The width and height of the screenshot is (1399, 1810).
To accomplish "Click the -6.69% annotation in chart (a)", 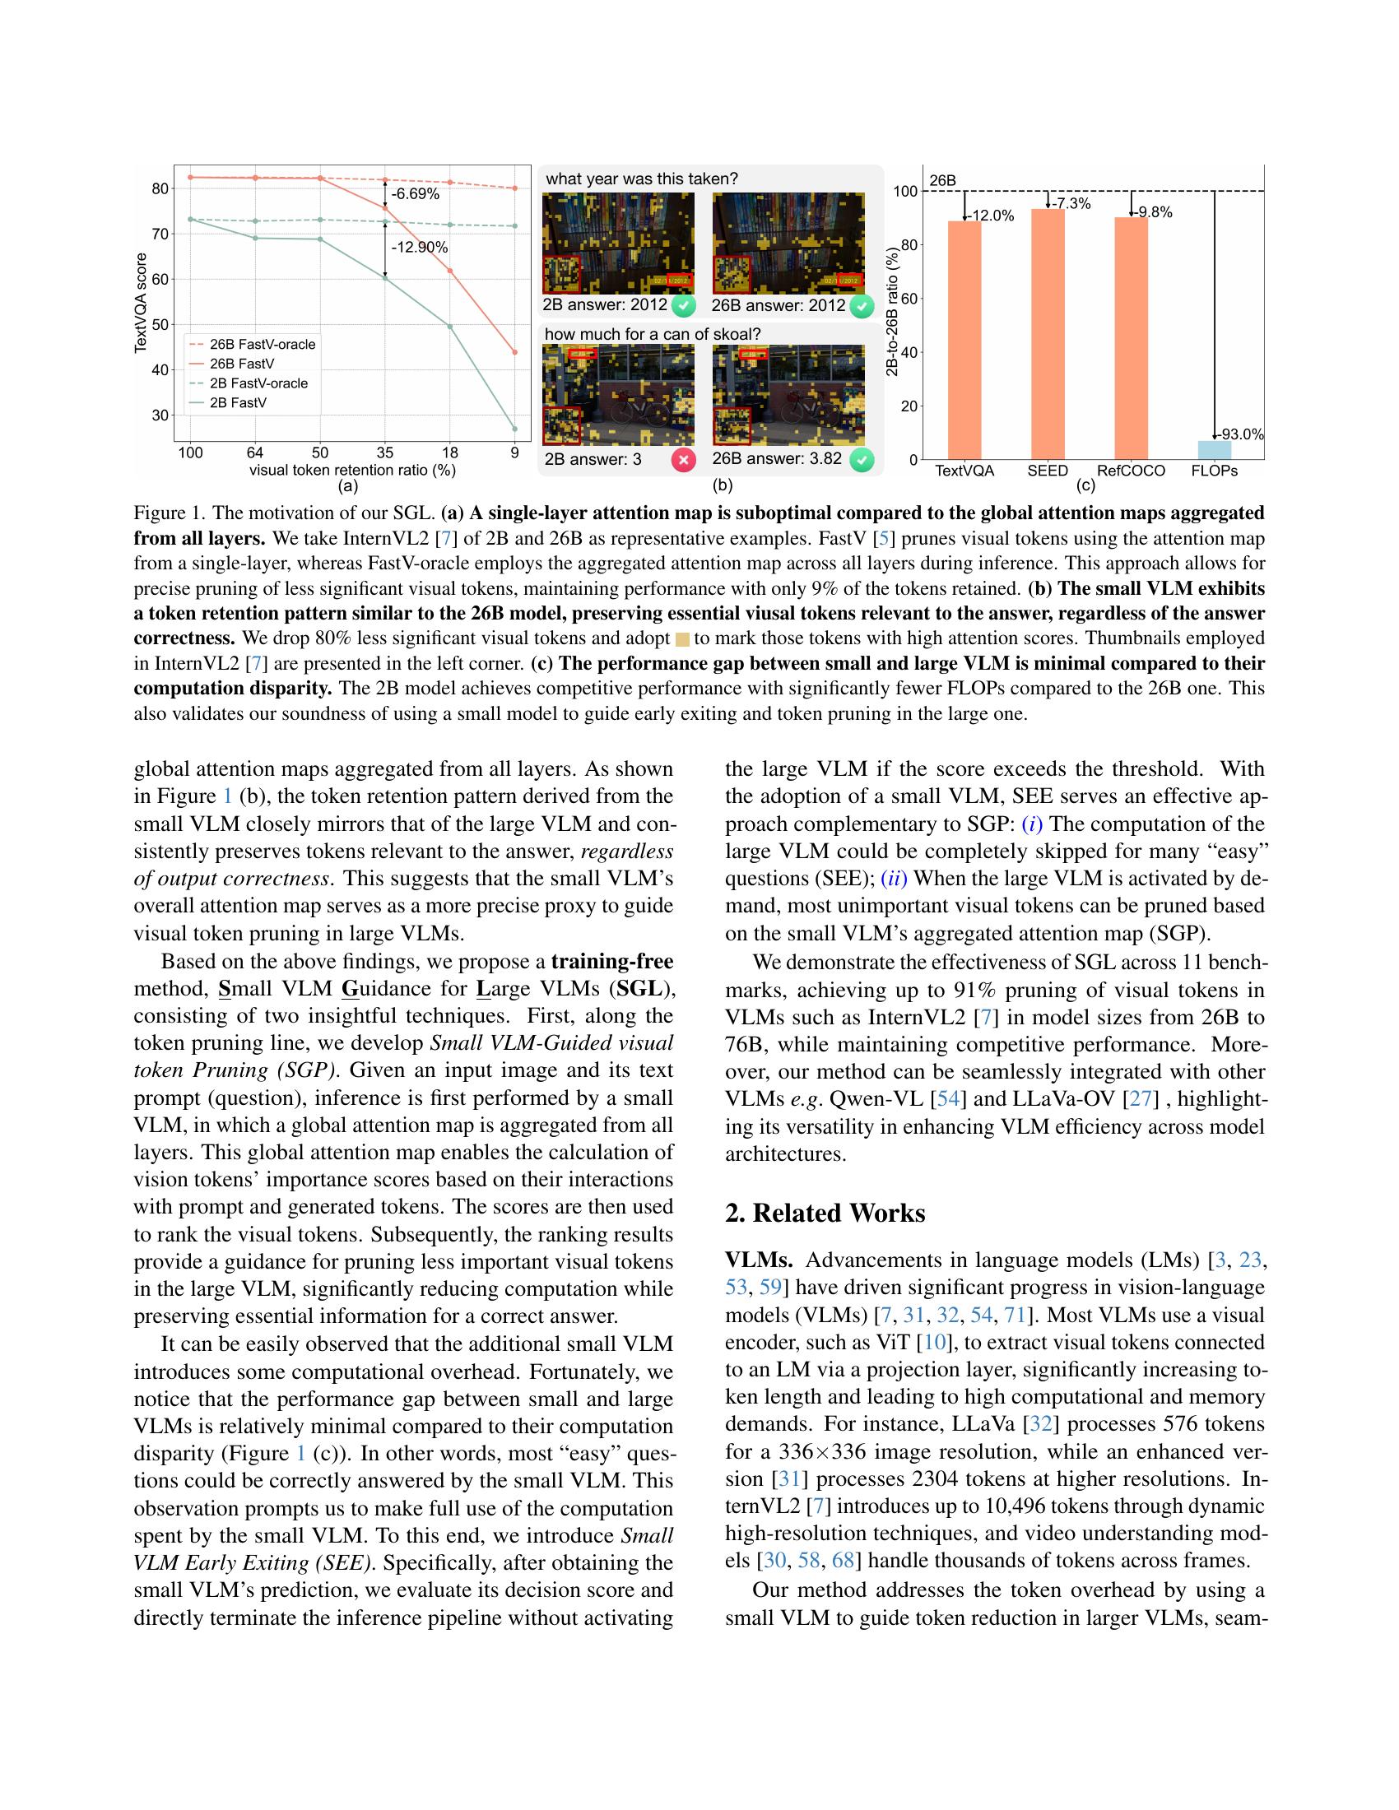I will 416,194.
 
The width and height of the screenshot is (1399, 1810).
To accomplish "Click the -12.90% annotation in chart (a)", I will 420,247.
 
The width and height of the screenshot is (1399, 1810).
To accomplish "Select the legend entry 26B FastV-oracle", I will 262,344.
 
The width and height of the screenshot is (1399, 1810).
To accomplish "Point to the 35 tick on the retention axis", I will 383,452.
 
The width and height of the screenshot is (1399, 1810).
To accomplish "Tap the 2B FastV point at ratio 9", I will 514,429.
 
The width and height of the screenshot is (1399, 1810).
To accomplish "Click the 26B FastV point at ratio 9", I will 514,352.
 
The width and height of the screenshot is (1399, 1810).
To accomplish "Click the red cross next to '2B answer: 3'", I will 684,459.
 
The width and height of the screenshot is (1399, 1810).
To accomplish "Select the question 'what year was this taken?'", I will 642,179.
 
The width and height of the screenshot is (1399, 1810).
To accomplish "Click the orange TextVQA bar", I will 964,340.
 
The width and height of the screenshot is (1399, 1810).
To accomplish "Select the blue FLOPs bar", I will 1214,450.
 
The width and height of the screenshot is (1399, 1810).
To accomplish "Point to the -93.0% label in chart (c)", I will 1241,434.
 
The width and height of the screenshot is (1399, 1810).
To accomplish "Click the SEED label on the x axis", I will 1048,471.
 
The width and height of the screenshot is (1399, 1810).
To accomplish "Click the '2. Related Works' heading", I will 825,1213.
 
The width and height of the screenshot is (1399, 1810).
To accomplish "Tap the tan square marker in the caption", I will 683,639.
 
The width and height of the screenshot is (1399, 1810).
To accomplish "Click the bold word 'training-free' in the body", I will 611,961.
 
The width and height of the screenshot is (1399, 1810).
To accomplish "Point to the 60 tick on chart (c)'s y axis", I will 909,299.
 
